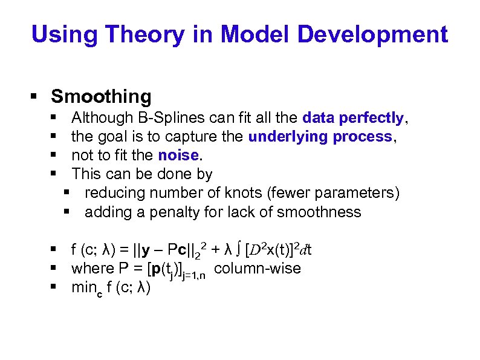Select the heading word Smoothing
tap(102, 96)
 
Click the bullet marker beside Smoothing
tap(34, 96)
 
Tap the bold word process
tap(363, 137)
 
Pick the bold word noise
tap(178, 155)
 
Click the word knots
tap(251, 193)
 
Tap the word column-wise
tap(258, 268)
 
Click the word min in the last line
tap(83, 287)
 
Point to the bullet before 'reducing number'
tap(66, 193)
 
